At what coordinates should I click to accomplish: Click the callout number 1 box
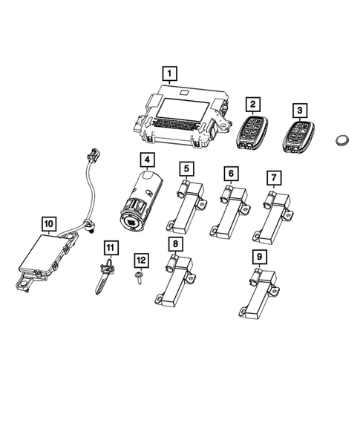pos(170,73)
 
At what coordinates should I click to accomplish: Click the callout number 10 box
pos(48,222)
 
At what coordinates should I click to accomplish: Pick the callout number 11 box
pos(110,246)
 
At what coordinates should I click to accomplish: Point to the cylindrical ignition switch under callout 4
pos(142,201)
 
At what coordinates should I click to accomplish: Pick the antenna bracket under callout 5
pos(185,211)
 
